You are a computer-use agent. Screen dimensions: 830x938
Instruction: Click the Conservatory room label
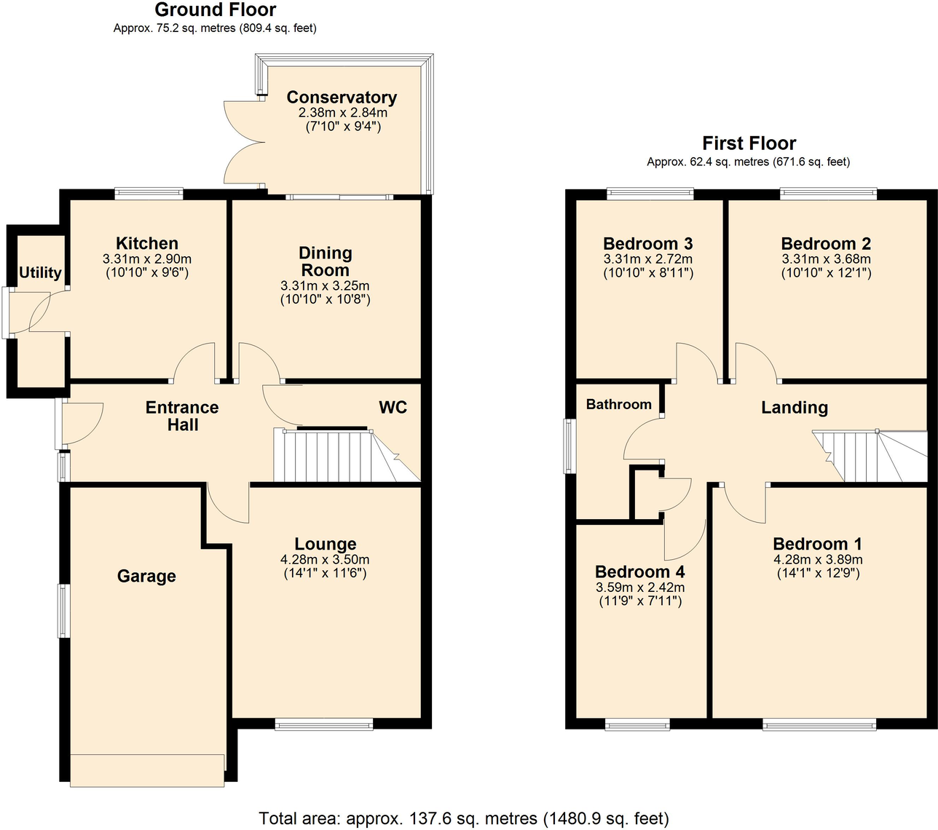pos(342,98)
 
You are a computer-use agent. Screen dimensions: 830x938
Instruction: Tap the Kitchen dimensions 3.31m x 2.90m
pos(147,259)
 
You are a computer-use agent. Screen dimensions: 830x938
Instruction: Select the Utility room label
pos(40,272)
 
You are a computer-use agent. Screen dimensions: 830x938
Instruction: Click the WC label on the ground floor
pos(393,408)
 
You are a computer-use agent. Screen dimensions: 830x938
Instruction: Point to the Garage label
pos(146,577)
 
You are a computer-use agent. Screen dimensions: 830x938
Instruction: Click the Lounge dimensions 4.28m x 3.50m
pos(325,560)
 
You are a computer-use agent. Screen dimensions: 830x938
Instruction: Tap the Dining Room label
pos(326,261)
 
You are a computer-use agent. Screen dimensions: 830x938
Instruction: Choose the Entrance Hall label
pos(182,416)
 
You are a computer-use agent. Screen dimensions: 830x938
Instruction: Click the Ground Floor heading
pos(215,10)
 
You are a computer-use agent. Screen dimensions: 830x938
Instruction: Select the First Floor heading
pos(749,143)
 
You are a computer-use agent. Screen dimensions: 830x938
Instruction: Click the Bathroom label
pos(618,405)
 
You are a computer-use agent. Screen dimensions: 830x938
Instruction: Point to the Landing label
pos(795,408)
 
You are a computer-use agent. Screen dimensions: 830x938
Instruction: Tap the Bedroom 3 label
pos(647,244)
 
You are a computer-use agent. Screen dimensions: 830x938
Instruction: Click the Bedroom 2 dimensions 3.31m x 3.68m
pos(826,259)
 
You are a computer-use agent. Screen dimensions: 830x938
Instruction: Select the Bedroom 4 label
pos(639,572)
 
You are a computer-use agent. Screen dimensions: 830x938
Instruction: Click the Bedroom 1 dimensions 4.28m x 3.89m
pos(818,560)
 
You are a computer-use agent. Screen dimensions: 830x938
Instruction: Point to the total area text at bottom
pos(464,818)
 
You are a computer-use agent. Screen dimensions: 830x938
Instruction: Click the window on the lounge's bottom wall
pos(324,724)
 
